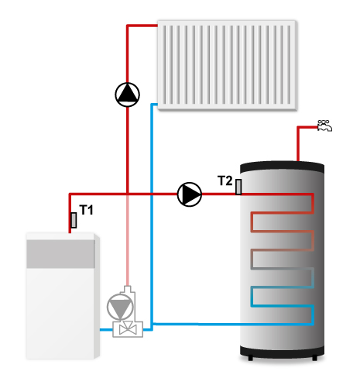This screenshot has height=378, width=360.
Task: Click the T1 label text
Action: tap(86, 210)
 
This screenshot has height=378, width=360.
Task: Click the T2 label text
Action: tap(225, 180)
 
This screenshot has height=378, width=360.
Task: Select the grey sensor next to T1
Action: tap(74, 220)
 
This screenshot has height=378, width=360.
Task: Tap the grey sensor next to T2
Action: tap(238, 187)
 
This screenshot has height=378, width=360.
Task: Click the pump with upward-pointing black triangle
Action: tap(127, 94)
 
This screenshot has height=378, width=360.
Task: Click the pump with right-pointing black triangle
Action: tap(190, 194)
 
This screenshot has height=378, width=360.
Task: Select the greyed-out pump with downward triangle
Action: tap(120, 307)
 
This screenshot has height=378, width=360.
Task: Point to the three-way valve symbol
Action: tap(128, 329)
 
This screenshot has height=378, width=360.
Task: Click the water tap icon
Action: tap(324, 125)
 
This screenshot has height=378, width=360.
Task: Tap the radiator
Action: tap(227, 65)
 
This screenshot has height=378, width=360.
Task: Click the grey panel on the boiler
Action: tap(60, 254)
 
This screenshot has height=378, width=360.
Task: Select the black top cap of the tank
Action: tap(282, 167)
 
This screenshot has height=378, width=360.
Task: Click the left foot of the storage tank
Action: tap(250, 358)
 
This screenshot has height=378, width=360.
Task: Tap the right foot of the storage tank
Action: tap(314, 358)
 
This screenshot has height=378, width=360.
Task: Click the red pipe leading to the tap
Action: tap(298, 143)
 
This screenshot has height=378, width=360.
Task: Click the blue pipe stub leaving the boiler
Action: tap(106, 330)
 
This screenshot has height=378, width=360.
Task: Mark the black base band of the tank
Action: tap(282, 352)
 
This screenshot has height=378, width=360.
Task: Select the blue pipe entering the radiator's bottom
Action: tap(152, 215)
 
